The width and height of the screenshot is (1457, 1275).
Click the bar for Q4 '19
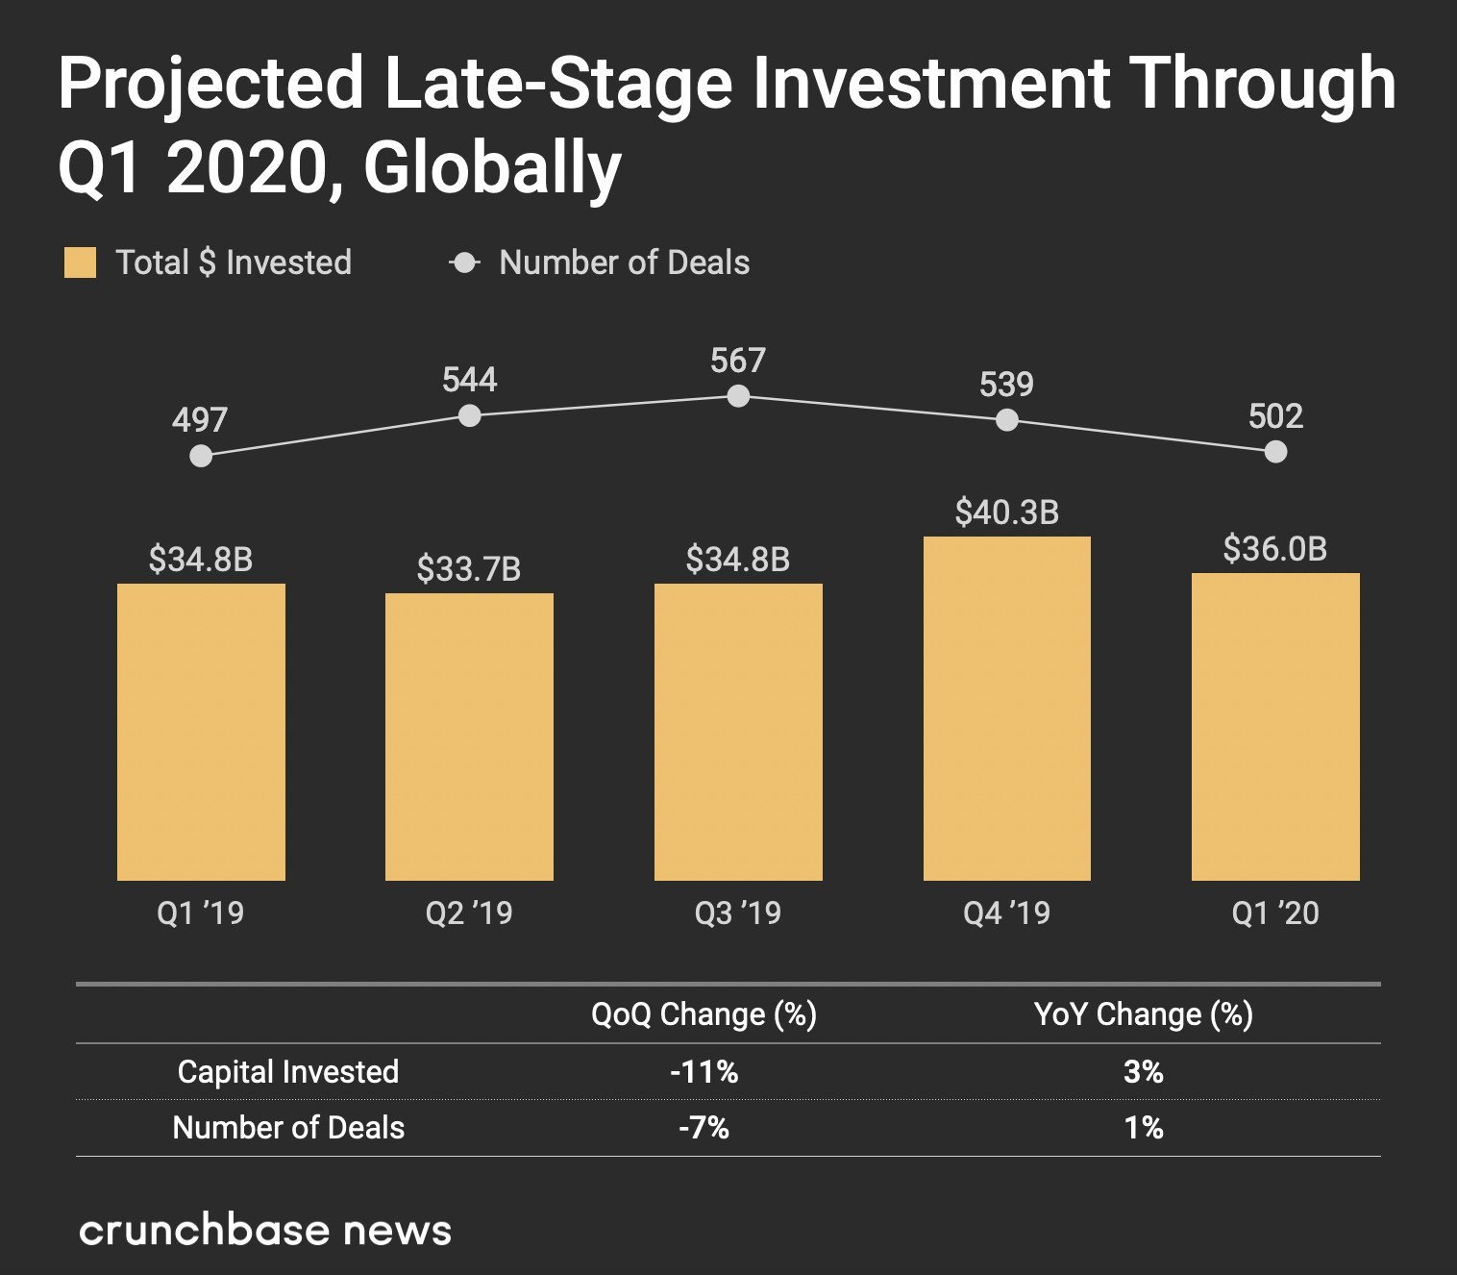[1006, 709]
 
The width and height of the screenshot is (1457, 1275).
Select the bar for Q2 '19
[469, 737]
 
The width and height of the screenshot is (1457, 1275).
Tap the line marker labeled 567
[738, 396]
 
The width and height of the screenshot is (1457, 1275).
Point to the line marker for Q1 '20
[1275, 452]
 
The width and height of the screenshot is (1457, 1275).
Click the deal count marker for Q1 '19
[201, 456]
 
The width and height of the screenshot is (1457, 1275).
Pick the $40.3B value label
[1006, 512]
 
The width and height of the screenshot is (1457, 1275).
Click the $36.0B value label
[1274, 549]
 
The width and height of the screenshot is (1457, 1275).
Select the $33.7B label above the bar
[469, 569]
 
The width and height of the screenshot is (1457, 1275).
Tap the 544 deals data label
[469, 380]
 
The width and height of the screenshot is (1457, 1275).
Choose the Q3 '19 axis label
[738, 912]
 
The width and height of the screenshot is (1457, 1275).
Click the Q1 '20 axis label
[1275, 912]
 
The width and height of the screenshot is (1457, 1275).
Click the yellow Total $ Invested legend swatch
[80, 262]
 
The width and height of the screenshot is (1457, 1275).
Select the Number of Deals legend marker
[465, 262]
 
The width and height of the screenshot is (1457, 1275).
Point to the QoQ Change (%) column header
[704, 1014]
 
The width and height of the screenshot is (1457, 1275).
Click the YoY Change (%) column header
[1143, 1014]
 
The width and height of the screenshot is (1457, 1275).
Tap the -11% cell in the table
[704, 1071]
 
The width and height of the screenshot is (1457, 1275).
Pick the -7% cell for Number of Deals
[704, 1127]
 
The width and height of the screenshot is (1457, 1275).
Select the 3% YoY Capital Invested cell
[1143, 1071]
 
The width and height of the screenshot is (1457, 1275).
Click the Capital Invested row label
[287, 1071]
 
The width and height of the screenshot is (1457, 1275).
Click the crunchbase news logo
[265, 1231]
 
